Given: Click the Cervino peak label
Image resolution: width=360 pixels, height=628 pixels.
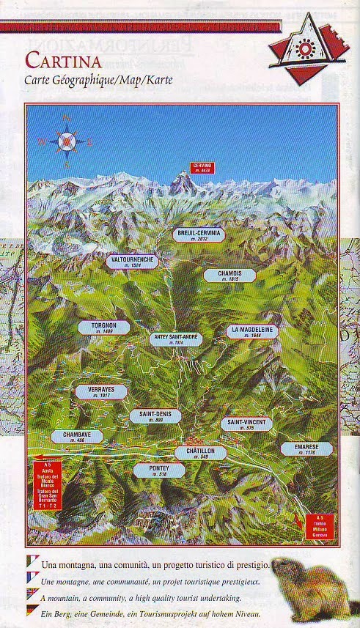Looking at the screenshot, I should (x=202, y=167).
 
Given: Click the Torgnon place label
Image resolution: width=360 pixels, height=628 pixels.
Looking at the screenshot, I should (x=103, y=328).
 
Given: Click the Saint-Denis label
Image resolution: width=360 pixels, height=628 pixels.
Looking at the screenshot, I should (x=155, y=416).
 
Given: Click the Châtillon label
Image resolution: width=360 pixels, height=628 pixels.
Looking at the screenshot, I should (x=199, y=453).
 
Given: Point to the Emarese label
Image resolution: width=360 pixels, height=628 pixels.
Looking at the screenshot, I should (x=306, y=448).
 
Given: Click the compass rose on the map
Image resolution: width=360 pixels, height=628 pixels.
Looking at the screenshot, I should (x=67, y=141).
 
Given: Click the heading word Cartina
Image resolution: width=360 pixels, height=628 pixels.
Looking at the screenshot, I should (x=62, y=59).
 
